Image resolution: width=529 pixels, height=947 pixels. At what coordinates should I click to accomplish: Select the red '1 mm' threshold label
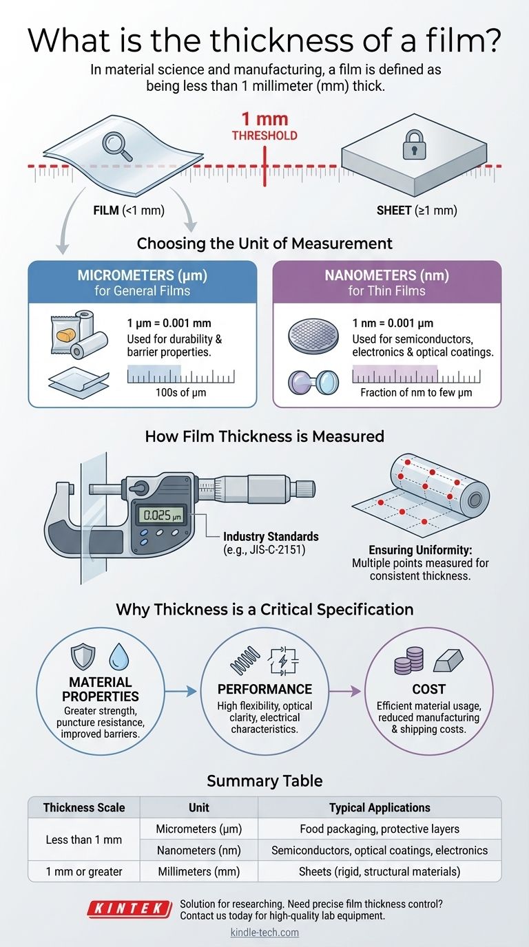point(264,119)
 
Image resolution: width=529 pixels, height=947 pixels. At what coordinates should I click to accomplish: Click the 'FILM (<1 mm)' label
point(129,211)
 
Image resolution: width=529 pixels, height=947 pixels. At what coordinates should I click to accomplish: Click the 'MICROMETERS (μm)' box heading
point(142,277)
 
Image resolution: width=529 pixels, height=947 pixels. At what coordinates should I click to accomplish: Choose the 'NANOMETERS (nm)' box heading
point(387,277)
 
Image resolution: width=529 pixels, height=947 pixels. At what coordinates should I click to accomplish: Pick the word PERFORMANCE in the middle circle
point(265,689)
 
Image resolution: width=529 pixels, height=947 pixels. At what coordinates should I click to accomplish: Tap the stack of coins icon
point(405,663)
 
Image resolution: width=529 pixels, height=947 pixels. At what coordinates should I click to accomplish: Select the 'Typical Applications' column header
point(379,807)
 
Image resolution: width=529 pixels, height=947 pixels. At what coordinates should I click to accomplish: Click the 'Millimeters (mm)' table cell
point(198,871)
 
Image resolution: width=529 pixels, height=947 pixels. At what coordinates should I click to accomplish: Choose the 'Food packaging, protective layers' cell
point(379,829)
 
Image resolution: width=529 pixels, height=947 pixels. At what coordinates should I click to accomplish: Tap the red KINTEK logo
point(129,909)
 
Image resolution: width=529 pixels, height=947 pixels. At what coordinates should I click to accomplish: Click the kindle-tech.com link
point(264,933)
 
